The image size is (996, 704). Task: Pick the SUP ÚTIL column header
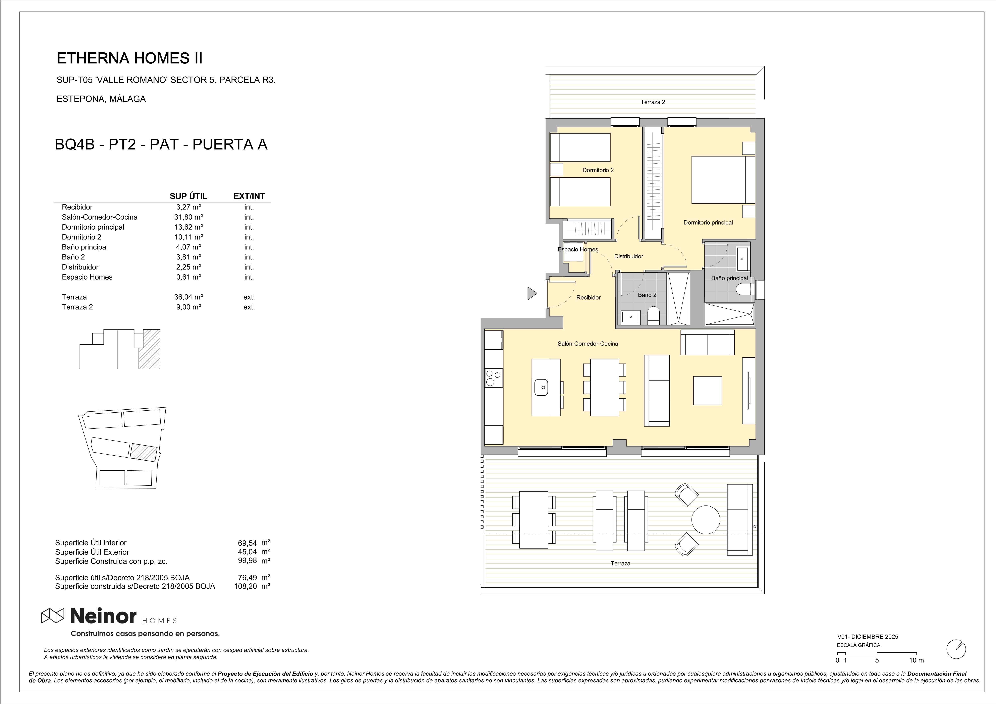coord(188,196)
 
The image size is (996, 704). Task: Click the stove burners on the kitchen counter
coord(494,377)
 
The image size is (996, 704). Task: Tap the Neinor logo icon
coord(52,615)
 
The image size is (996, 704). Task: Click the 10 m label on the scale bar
coord(916,660)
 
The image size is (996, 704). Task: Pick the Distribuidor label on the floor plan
coord(628,256)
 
